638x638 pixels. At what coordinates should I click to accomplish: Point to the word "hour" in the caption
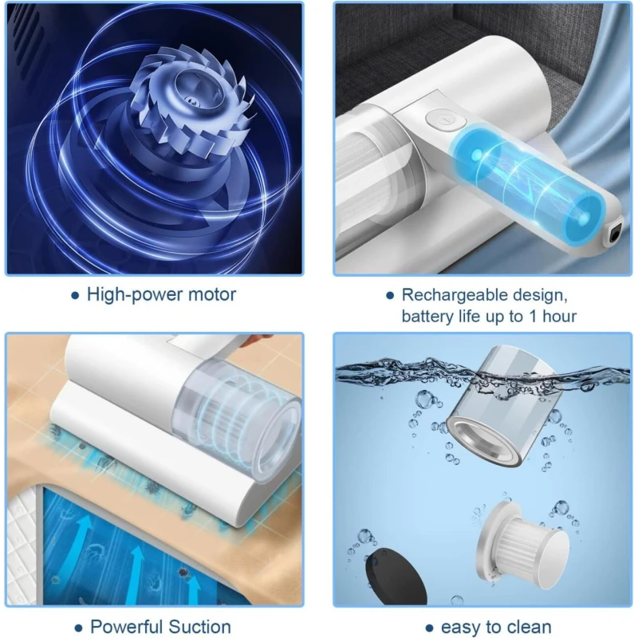560,316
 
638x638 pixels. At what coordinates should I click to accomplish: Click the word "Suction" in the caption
199,627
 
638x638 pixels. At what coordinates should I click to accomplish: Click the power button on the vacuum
446,120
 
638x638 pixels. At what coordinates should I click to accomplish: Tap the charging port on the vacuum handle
615,234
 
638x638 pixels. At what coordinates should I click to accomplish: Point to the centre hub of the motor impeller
191,99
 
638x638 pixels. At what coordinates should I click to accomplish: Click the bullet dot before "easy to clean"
429,628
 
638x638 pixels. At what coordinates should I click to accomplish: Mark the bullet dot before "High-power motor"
75,296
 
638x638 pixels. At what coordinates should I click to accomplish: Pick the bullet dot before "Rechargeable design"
390,296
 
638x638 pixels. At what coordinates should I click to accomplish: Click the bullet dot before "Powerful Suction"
78,628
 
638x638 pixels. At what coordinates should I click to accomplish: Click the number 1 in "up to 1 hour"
533,316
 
